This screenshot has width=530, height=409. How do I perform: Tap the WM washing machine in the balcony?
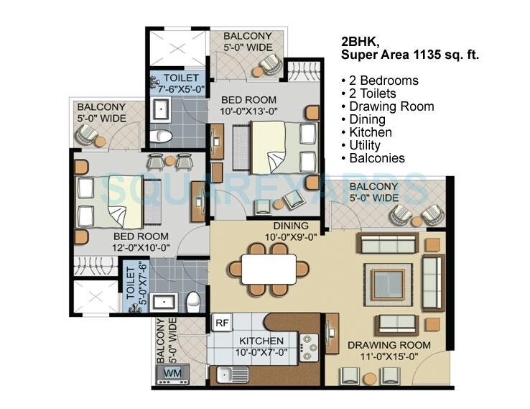(173, 373)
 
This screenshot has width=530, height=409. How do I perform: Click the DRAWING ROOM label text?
(389, 345)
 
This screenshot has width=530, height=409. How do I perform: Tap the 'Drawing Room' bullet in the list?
(391, 106)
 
